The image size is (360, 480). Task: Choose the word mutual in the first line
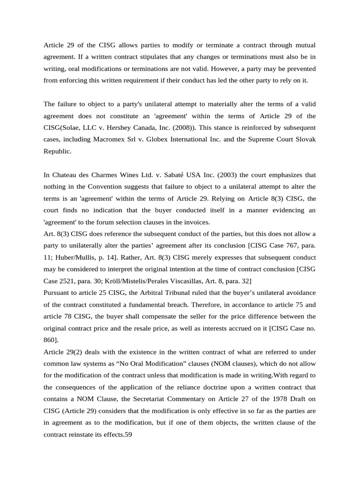[x=305, y=45]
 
